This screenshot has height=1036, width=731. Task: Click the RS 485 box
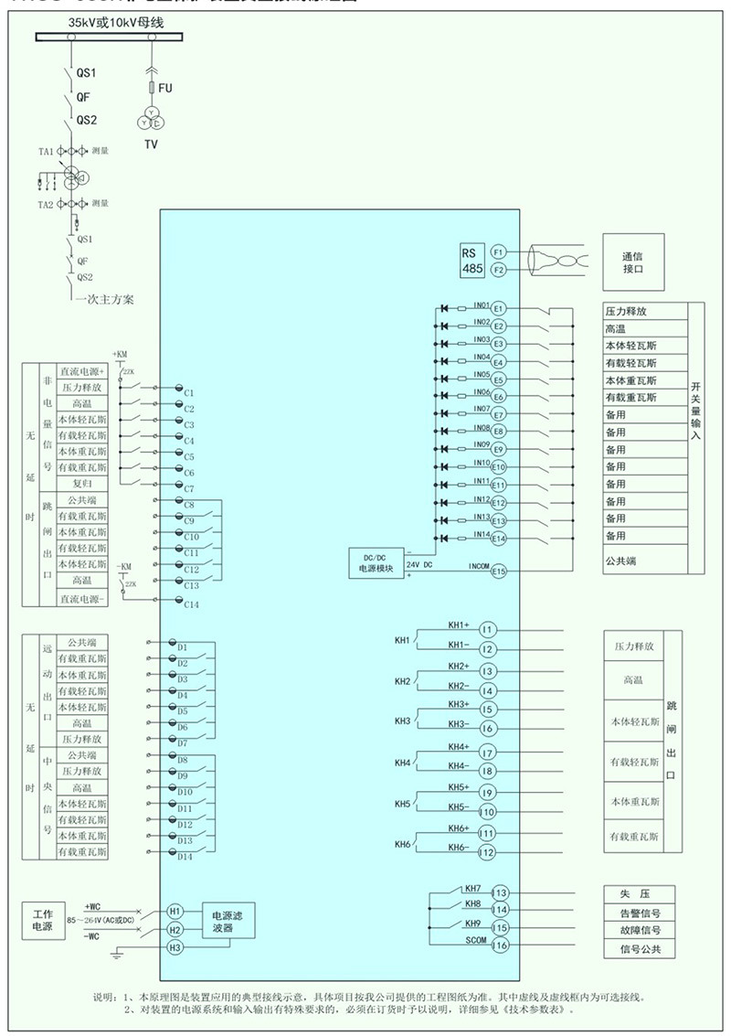pyautogui.click(x=474, y=260)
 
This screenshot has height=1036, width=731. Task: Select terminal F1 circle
pyautogui.click(x=498, y=251)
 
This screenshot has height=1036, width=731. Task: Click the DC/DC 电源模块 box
pyautogui.click(x=376, y=562)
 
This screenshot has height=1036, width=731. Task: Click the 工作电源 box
pyautogui.click(x=43, y=921)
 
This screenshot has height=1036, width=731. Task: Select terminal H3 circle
pyautogui.click(x=175, y=948)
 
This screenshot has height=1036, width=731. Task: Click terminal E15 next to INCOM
pyautogui.click(x=498, y=571)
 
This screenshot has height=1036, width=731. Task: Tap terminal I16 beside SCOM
pyautogui.click(x=499, y=945)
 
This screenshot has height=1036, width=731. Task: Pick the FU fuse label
pyautogui.click(x=165, y=88)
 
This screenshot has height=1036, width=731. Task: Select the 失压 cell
pyautogui.click(x=639, y=893)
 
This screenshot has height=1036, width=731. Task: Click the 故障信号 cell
pyautogui.click(x=639, y=930)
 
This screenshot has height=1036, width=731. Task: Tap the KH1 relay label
pyautogui.click(x=402, y=640)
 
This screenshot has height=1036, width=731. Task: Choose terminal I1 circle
pyautogui.click(x=487, y=629)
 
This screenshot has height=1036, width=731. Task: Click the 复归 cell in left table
pyautogui.click(x=82, y=483)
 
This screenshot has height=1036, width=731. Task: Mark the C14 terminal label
pyautogui.click(x=192, y=604)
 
